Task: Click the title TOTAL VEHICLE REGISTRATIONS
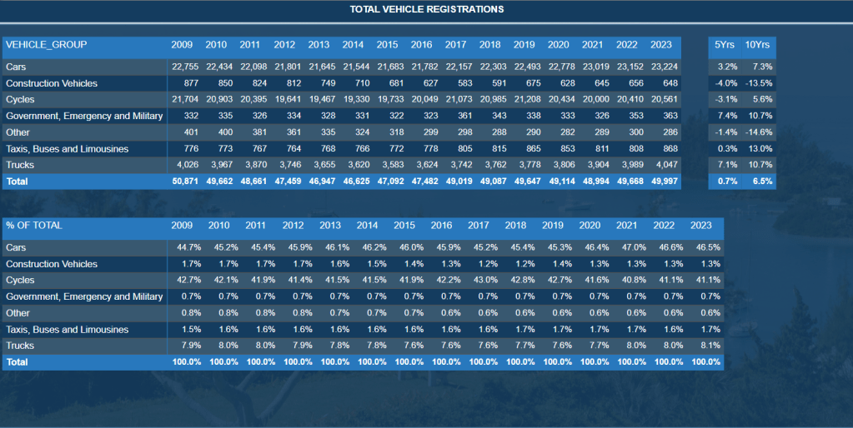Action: coord(426,9)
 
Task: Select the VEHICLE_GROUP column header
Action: coord(46,44)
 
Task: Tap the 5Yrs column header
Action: coord(725,44)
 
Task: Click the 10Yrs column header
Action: coord(757,44)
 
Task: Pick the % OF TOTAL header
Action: coord(33,226)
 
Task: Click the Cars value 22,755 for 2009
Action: coord(185,67)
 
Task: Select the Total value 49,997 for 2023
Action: coord(664,182)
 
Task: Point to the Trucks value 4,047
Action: coord(664,165)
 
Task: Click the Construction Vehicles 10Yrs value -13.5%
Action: coord(759,83)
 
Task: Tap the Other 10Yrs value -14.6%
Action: coord(759,132)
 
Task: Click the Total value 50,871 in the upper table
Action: coord(185,182)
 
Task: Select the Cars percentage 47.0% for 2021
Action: coord(626,247)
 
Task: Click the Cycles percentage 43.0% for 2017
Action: coord(479,281)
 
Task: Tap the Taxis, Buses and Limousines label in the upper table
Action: coord(67,149)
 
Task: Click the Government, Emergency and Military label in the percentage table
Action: coord(83,297)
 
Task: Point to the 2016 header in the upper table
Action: coord(421,44)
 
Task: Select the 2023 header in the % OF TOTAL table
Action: coord(700,226)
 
